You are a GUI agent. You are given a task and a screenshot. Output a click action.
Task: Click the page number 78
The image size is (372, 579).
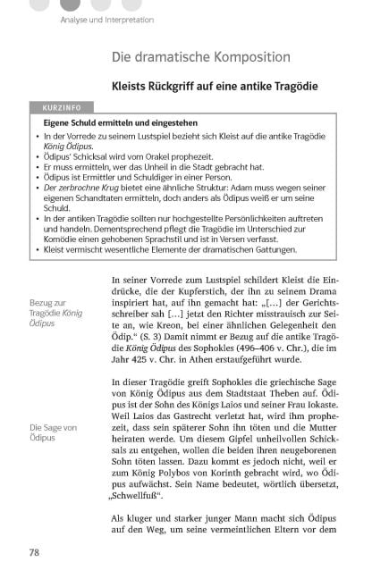(35, 553)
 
